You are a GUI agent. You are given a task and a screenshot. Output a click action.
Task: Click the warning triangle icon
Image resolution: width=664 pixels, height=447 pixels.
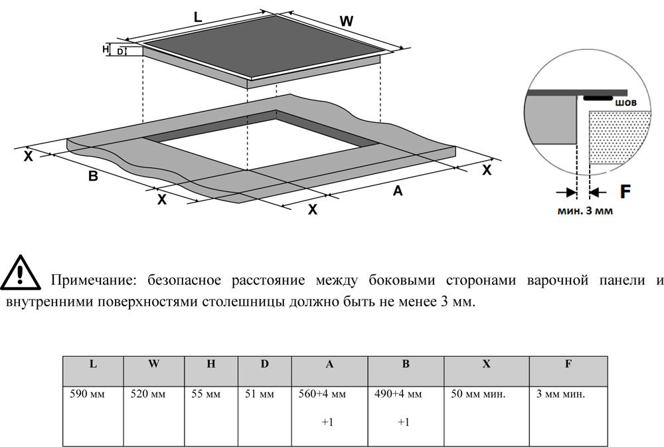[21, 273]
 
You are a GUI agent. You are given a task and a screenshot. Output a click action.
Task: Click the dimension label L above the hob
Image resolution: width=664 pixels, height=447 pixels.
[198, 17]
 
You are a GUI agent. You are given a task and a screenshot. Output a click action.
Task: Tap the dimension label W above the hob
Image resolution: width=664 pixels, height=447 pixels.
[347, 21]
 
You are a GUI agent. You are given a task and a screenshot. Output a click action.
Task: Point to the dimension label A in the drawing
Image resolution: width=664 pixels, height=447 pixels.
[397, 191]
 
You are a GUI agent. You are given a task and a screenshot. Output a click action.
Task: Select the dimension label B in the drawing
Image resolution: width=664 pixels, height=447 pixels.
[93, 176]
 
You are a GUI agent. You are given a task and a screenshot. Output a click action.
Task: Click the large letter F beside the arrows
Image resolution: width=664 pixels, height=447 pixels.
[625, 191]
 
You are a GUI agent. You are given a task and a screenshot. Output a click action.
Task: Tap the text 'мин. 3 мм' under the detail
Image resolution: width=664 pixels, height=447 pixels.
[585, 211]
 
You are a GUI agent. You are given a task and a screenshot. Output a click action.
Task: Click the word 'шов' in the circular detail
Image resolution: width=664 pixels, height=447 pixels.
[625, 102]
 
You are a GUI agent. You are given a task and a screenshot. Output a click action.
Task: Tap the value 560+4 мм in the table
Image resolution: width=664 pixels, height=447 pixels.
[322, 395]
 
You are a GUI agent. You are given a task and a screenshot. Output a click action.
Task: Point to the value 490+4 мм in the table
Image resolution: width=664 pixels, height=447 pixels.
[398, 395]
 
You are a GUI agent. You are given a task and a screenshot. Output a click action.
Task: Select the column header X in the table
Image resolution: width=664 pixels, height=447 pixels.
[487, 364]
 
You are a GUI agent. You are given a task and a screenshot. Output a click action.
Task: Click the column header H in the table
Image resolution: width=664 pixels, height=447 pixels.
[211, 364]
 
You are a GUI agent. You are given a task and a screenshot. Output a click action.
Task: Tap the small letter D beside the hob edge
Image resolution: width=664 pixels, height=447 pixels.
[120, 52]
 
